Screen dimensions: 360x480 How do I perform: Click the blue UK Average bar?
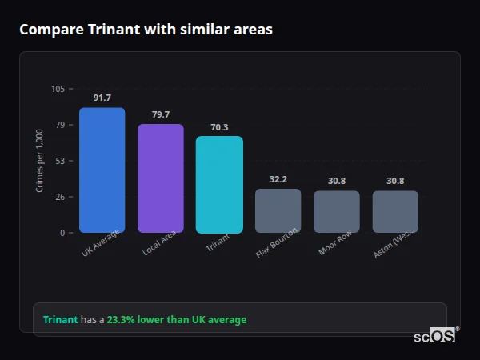click(102, 170)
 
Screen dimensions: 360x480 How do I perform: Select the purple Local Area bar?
click(161, 178)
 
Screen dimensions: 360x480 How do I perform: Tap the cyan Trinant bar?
click(219, 184)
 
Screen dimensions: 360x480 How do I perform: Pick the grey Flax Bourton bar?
click(278, 210)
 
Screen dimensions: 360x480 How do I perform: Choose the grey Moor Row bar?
click(337, 211)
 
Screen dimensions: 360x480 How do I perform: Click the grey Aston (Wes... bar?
click(395, 211)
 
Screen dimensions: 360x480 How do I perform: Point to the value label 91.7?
click(102, 98)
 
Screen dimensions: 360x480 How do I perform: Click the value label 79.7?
click(161, 114)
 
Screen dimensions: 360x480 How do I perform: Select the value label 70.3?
click(219, 127)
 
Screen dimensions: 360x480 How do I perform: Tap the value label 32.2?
click(278, 179)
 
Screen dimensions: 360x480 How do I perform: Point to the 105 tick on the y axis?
click(58, 89)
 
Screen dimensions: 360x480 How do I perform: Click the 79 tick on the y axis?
click(59, 125)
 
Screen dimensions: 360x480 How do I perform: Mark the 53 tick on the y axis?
click(59, 161)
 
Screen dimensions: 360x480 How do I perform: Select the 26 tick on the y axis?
click(59, 197)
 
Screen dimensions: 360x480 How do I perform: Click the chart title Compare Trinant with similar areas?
click(146, 30)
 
